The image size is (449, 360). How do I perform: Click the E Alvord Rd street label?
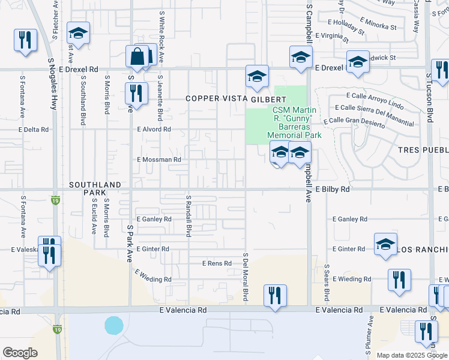pyautogui.click(x=154, y=129)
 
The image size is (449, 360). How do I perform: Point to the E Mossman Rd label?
pyautogui.click(x=159, y=160)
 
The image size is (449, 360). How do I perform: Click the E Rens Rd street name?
pyautogui.click(x=217, y=263)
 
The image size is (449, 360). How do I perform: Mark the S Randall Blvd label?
pyautogui.click(x=188, y=215)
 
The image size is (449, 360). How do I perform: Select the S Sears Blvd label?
pyautogui.click(x=327, y=283)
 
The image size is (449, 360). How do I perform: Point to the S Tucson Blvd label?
pyautogui.click(x=430, y=98)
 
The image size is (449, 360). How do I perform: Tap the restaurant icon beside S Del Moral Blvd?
pyautogui.click(x=275, y=295)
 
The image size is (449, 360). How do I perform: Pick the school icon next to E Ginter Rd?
pyautogui.click(x=385, y=244)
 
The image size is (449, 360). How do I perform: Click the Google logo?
pyautogui.click(x=20, y=353)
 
